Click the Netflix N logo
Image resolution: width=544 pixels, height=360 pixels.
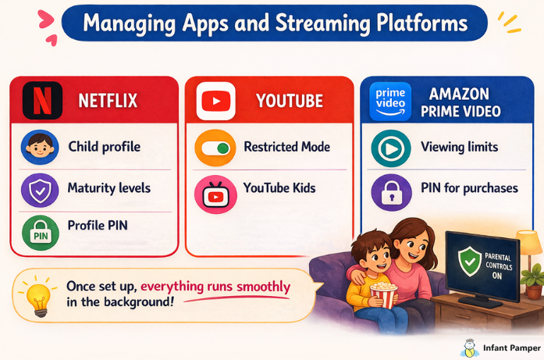pyautogui.click(x=43, y=101)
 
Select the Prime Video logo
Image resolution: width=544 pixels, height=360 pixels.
pyautogui.click(x=392, y=101)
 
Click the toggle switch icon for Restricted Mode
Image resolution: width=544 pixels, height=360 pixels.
pyautogui.click(x=215, y=148)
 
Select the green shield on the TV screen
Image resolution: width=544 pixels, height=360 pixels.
pyautogui.click(x=470, y=262)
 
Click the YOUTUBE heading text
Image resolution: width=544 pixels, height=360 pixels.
pyautogui.click(x=289, y=101)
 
